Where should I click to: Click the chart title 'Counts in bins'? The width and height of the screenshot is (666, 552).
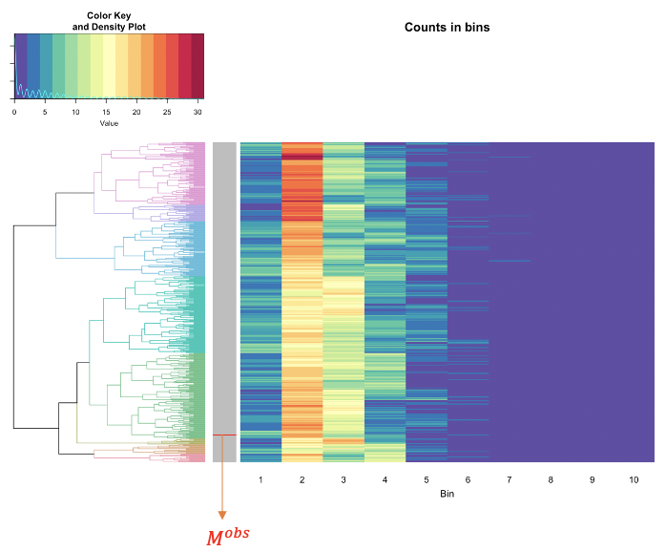447,28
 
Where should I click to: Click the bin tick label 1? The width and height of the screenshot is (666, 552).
260,478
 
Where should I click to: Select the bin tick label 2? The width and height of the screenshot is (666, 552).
302,478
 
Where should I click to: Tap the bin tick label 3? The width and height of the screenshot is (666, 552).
343,478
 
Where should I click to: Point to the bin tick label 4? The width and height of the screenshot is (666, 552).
385,478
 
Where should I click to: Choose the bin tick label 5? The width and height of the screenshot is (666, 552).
427,478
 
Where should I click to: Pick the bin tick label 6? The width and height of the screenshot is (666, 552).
468,478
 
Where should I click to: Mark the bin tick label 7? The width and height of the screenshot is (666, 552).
510,478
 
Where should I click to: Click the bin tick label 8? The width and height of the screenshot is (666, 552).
551,478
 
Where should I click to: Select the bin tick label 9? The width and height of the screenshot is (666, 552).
592,478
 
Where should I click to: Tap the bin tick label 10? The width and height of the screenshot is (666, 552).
634,478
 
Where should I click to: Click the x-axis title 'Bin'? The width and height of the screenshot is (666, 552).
447,494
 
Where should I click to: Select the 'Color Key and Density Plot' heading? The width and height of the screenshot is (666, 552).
109,21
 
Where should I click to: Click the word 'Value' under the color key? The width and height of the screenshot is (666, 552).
109,123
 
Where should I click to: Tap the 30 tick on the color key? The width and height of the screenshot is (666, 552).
198,113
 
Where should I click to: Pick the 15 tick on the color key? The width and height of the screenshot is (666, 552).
106,113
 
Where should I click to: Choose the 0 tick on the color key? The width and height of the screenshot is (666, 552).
14,113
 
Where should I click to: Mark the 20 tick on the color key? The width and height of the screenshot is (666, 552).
136,113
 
